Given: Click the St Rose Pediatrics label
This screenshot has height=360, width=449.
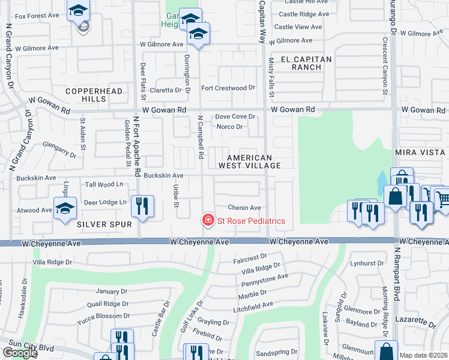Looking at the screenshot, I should pos(251,221).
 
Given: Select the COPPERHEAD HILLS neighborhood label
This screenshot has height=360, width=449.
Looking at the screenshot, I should pos(94,95).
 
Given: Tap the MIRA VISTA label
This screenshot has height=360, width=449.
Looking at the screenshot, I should pos(421,153).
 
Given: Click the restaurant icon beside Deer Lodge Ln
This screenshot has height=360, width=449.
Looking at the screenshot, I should pos(142,206).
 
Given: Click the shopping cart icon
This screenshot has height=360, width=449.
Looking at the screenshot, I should pos(441,197).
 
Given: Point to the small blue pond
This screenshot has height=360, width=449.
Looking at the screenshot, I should pos(382,179).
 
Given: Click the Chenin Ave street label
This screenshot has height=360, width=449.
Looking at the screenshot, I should pos(244,208).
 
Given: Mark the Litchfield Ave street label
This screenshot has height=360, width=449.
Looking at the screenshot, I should pos(253,305).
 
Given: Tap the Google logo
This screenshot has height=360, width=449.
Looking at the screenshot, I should pos(19,352).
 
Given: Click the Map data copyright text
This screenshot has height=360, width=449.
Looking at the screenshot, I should pos(424,355).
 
